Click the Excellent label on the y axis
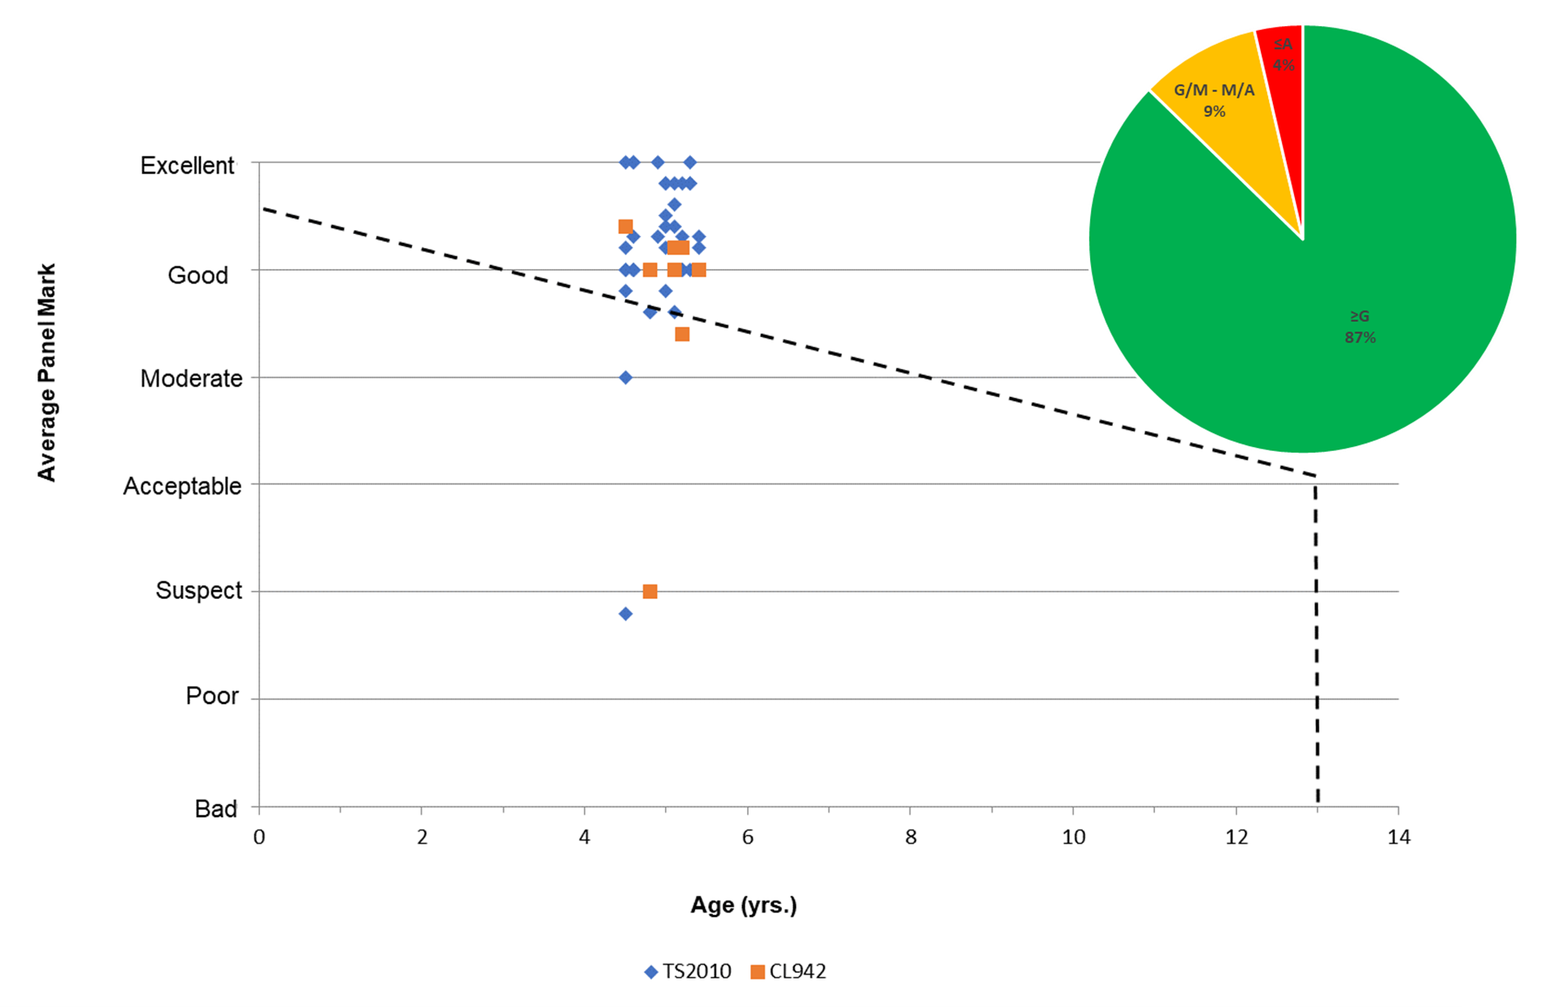pyautogui.click(x=187, y=166)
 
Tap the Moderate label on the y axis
pyautogui.click(x=191, y=379)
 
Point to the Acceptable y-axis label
pyautogui.click(x=182, y=486)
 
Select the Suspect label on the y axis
pyautogui.click(x=198, y=590)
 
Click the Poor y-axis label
pyautogui.click(x=212, y=696)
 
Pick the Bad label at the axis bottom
pyautogui.click(x=215, y=809)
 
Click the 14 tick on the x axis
pyautogui.click(x=1398, y=837)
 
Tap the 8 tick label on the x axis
pyautogui.click(x=910, y=837)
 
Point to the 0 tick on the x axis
pyautogui.click(x=259, y=837)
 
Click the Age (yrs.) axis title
pyautogui.click(x=744, y=905)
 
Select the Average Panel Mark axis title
pyautogui.click(x=47, y=372)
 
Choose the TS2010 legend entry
pyautogui.click(x=688, y=971)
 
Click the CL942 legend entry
pyautogui.click(x=789, y=971)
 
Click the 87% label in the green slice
pyautogui.click(x=1360, y=337)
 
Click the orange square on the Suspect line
pyautogui.click(x=650, y=591)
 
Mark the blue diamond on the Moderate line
pyautogui.click(x=625, y=377)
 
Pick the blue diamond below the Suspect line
pyautogui.click(x=625, y=614)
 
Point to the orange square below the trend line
pyautogui.click(x=682, y=334)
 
